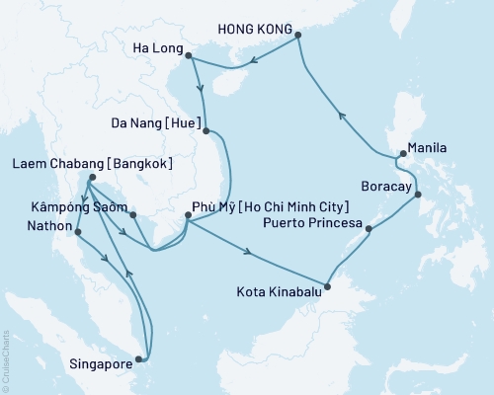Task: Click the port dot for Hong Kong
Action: pyautogui.click(x=299, y=36)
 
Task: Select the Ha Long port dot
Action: pyautogui.click(x=189, y=56)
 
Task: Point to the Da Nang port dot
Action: pyautogui.click(x=206, y=129)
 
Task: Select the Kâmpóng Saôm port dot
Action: pyautogui.click(x=131, y=210)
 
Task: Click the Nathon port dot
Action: pyautogui.click(x=75, y=231)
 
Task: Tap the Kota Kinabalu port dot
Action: pyautogui.click(x=328, y=288)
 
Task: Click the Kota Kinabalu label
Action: pyautogui.click(x=280, y=291)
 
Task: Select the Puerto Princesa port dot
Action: pyautogui.click(x=369, y=230)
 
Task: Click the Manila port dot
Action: pyautogui.click(x=402, y=153)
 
